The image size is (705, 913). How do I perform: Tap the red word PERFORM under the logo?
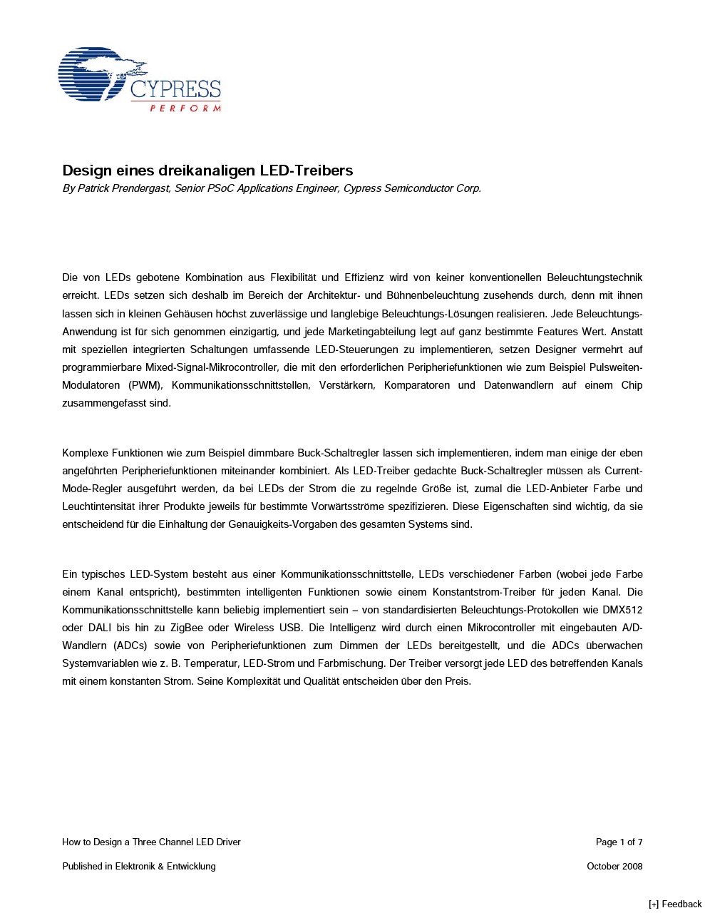[185, 108]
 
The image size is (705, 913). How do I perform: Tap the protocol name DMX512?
[622, 610]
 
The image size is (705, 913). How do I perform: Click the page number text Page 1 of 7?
[619, 842]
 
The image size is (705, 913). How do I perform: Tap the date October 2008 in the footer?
[614, 867]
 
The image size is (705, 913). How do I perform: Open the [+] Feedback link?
[675, 904]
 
